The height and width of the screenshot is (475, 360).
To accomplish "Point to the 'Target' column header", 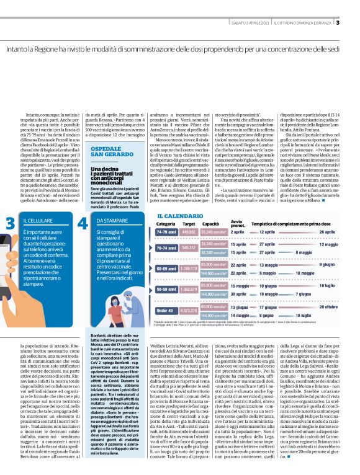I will point(189,224).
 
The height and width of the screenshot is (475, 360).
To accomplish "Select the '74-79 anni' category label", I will point(167,232).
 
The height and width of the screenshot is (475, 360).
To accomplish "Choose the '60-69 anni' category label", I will point(167,268).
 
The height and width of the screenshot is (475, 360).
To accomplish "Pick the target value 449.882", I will point(189,232).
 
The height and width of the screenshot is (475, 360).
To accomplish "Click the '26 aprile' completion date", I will point(328,232).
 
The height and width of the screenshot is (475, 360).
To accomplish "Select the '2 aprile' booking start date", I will point(238,232).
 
